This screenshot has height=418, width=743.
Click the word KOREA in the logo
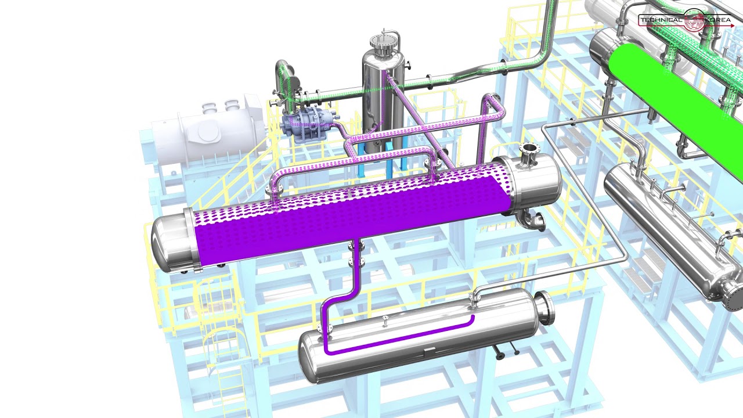pos(718,20)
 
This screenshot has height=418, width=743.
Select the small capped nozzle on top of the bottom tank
pos(385,319)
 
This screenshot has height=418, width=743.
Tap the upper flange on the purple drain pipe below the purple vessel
pos(355,246)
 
